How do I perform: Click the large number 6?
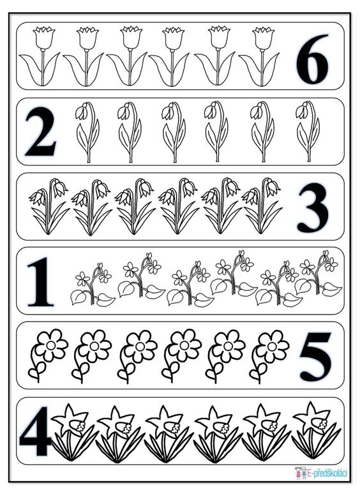point(313,59)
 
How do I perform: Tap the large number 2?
point(41,131)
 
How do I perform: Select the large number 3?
point(313,207)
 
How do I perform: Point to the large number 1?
point(41,282)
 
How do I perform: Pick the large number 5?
point(315,357)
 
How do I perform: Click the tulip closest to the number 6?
point(260,56)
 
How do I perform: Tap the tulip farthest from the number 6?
point(40,56)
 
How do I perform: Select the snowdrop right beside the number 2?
point(87,132)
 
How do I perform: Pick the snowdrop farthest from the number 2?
point(308,131)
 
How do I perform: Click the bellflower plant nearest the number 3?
point(262,206)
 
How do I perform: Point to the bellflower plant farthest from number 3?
point(49,206)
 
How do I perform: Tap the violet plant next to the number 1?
point(93,284)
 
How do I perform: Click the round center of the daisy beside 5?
point(271,346)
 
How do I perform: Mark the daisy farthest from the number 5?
point(48,355)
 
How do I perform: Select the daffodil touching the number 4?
point(73,433)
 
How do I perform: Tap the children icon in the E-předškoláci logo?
point(301,473)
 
